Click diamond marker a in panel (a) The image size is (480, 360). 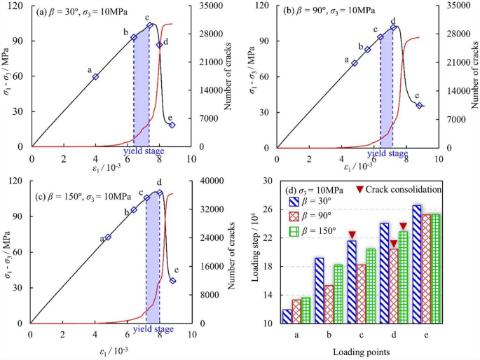click(95, 76)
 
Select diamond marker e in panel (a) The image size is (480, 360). click(172, 125)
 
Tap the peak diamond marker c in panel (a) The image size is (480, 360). click(149, 25)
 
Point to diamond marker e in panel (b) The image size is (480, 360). click(419, 106)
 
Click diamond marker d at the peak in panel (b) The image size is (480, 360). click(394, 27)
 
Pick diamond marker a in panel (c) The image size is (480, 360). click(107, 237)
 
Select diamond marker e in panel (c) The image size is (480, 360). click(172, 281)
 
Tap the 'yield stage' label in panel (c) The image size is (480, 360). click(153, 328)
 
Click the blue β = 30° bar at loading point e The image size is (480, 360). click(416, 264)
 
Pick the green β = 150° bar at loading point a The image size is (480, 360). click(306, 310)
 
